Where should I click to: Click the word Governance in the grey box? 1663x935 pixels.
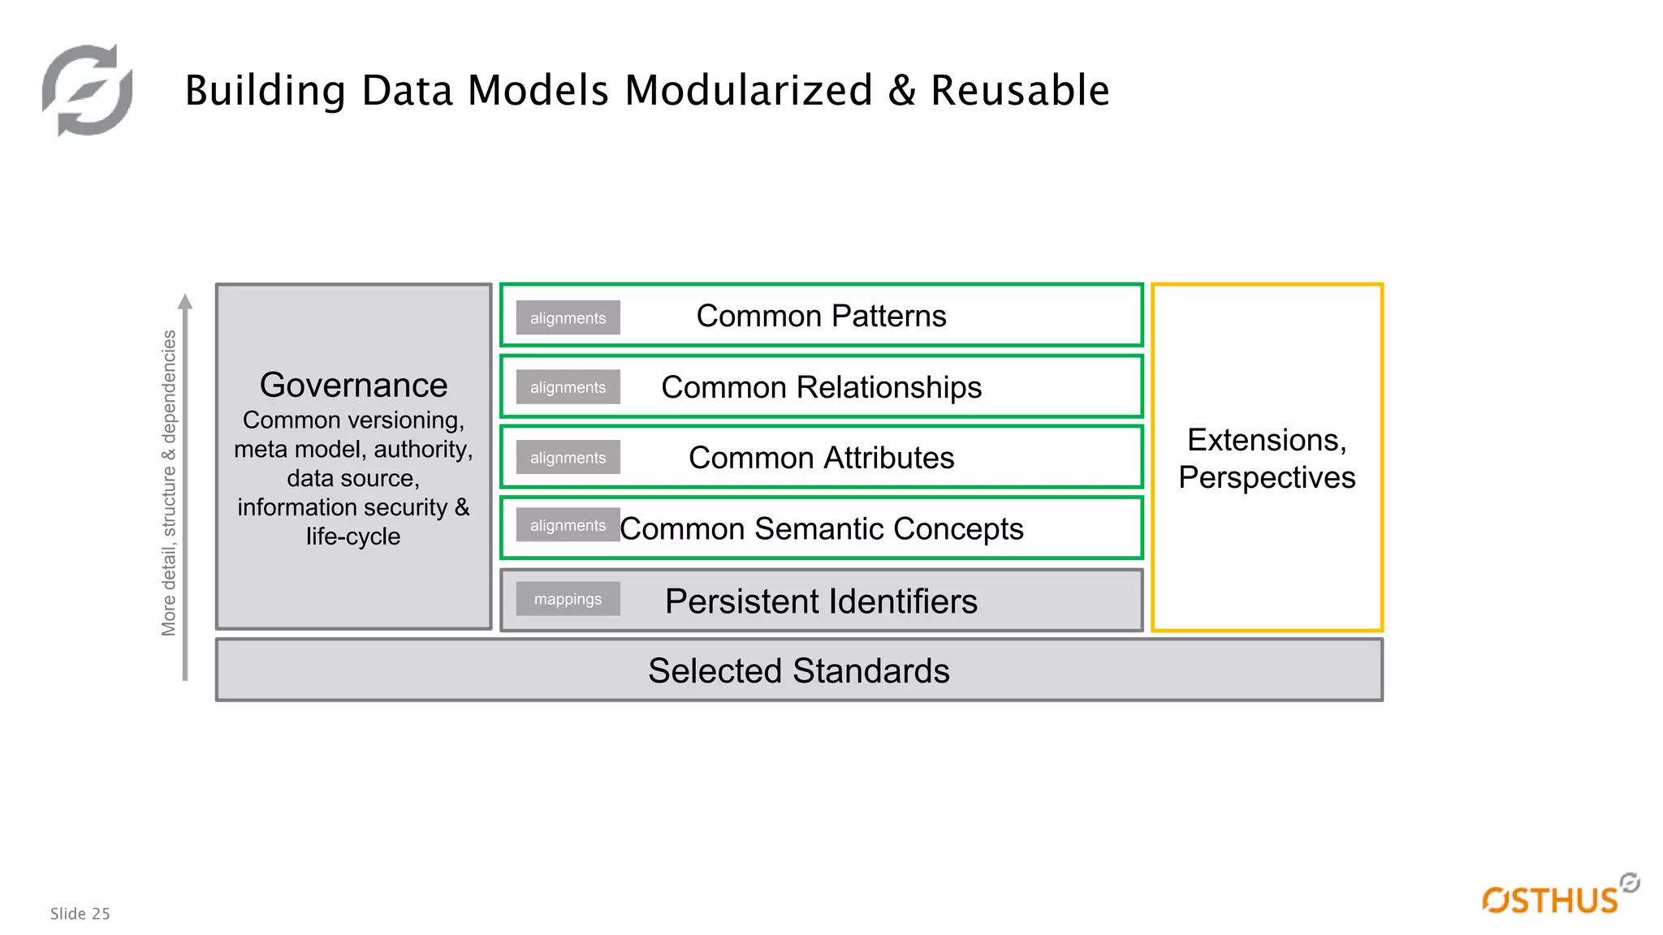pyautogui.click(x=353, y=386)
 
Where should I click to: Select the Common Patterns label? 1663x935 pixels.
pyautogui.click(x=821, y=316)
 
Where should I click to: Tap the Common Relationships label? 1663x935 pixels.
pyautogui.click(x=821, y=387)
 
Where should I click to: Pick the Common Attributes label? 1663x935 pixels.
pyautogui.click(x=821, y=458)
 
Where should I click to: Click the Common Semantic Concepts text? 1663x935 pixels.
pyautogui.click(x=821, y=529)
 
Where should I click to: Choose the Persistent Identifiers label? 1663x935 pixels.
pyautogui.click(x=821, y=601)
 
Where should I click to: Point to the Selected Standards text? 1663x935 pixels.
pyautogui.click(x=798, y=671)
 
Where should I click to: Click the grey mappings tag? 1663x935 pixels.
pyautogui.click(x=568, y=599)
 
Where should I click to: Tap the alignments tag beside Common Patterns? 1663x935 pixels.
pyautogui.click(x=568, y=318)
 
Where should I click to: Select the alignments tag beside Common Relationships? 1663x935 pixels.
pyautogui.click(x=568, y=387)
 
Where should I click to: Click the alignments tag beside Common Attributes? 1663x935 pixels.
pyautogui.click(x=568, y=458)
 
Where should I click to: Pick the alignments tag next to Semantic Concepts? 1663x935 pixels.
pyautogui.click(x=568, y=525)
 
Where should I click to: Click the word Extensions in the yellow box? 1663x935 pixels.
pyautogui.click(x=1266, y=440)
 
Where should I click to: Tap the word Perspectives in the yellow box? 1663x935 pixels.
pyautogui.click(x=1266, y=477)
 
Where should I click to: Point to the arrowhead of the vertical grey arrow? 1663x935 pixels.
pyautogui.click(x=185, y=302)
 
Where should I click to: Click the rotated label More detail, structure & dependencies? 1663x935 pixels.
pyautogui.click(x=169, y=483)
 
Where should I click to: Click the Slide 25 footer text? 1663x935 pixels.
pyautogui.click(x=80, y=914)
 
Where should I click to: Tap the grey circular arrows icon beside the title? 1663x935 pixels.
pyautogui.click(x=88, y=90)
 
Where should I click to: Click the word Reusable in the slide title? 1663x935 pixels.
pyautogui.click(x=1019, y=90)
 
